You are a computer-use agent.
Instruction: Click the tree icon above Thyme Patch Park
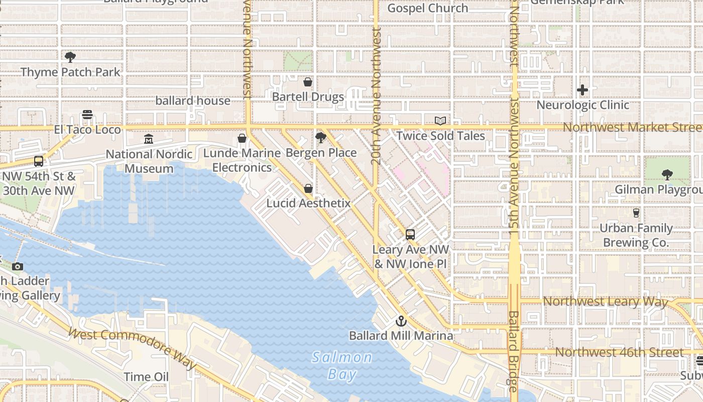pyautogui.click(x=70, y=57)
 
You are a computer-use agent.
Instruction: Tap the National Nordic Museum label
pyautogui.click(x=149, y=161)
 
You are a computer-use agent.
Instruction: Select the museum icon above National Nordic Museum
pyautogui.click(x=149, y=139)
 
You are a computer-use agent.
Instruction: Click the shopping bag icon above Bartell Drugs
pyautogui.click(x=308, y=81)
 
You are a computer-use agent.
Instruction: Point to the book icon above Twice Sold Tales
pyautogui.click(x=440, y=121)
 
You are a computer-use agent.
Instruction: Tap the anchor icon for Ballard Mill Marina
pyautogui.click(x=401, y=321)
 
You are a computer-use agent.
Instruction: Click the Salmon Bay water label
pyautogui.click(x=342, y=365)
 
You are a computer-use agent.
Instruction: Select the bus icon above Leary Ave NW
pyautogui.click(x=410, y=234)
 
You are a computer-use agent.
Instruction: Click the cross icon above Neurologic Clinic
pyautogui.click(x=582, y=90)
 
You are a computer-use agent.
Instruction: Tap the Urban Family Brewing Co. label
pyautogui.click(x=636, y=235)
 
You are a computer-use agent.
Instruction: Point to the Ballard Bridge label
pyautogui.click(x=513, y=352)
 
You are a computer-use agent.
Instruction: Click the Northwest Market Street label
pyautogui.click(x=632, y=127)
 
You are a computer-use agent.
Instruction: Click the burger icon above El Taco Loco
pyautogui.click(x=87, y=115)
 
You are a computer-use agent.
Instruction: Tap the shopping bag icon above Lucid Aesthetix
pyautogui.click(x=308, y=188)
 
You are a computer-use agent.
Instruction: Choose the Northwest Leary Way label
pyautogui.click(x=606, y=301)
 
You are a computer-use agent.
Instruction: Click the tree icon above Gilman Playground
pyautogui.click(x=667, y=175)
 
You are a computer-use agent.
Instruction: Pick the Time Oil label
pyautogui.click(x=146, y=376)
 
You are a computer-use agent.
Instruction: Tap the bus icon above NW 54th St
pyautogui.click(x=39, y=161)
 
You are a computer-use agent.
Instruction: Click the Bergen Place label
pyautogui.click(x=321, y=153)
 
